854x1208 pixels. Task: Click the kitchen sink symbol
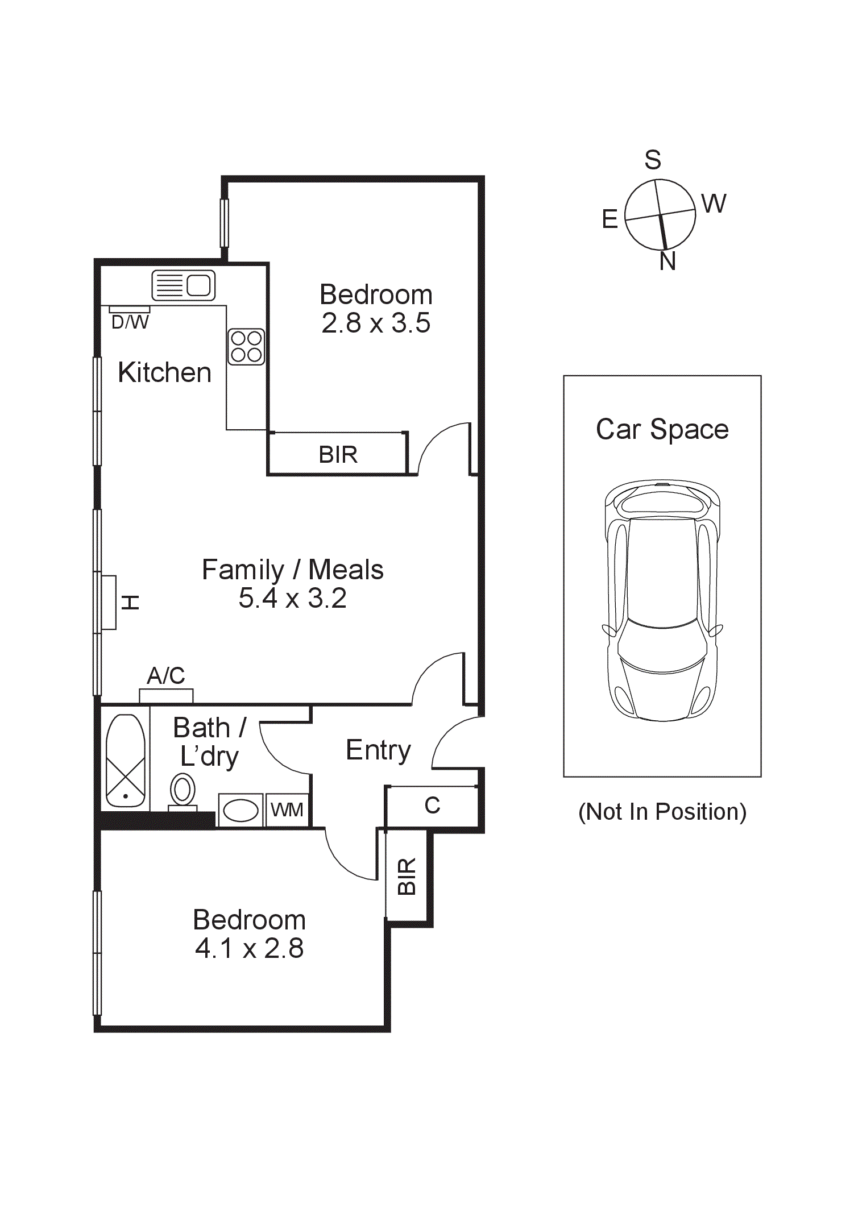(x=183, y=285)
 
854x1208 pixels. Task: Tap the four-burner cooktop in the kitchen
(x=246, y=347)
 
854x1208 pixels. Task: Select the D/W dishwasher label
(x=130, y=322)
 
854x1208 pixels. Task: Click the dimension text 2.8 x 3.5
(x=376, y=323)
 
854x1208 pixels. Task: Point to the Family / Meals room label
(x=292, y=570)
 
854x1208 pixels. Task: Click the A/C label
(x=166, y=675)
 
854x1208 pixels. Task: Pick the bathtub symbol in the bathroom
(x=125, y=760)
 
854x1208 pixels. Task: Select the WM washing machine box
(x=287, y=810)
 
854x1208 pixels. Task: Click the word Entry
(x=378, y=750)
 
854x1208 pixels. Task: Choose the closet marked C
(x=432, y=806)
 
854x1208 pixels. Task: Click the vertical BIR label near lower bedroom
(x=407, y=876)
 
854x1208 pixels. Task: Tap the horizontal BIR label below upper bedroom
(x=338, y=455)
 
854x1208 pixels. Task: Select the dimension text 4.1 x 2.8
(x=249, y=948)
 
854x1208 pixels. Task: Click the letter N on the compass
(x=668, y=261)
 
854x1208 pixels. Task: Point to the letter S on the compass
(x=653, y=160)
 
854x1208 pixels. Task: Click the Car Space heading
(x=662, y=429)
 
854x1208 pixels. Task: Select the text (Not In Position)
(x=662, y=811)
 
